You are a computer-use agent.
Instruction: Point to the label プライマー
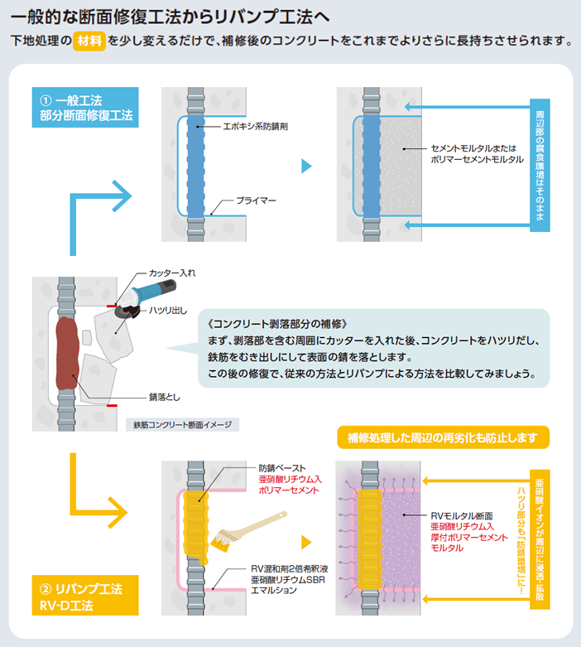point(256,200)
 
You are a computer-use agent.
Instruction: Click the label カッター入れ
point(172,273)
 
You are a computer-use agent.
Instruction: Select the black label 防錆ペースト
point(281,468)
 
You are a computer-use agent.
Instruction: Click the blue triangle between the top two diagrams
point(306,166)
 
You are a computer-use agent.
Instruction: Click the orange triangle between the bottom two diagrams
point(306,543)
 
